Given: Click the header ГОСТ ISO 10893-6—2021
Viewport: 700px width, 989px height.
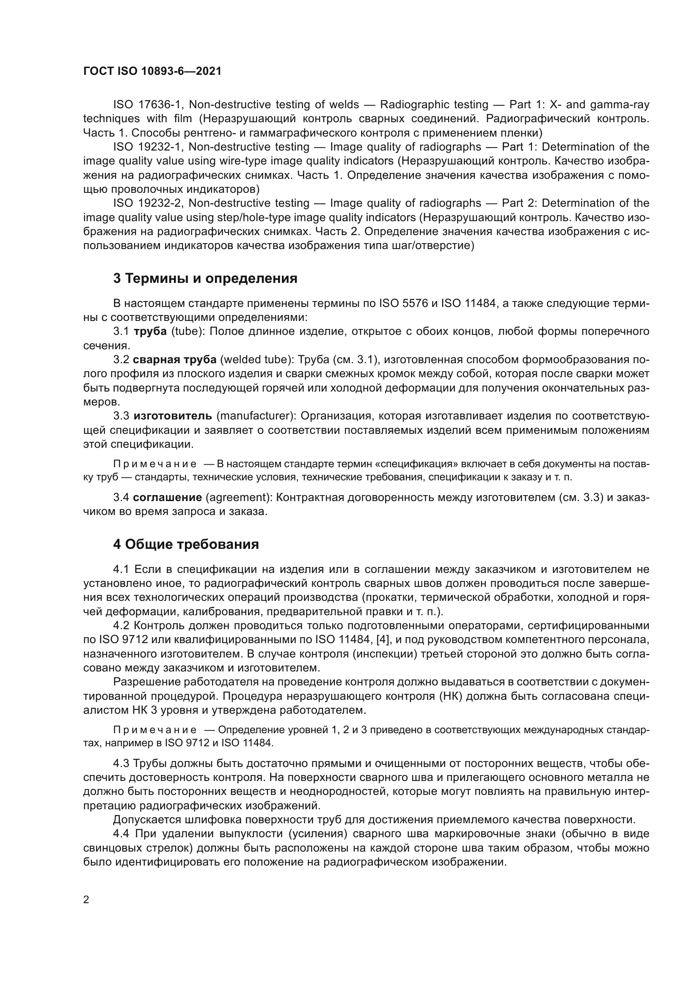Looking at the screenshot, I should tap(152, 71).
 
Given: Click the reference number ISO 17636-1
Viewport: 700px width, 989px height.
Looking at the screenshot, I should tap(149, 105).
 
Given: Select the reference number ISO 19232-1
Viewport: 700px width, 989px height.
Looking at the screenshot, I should tap(149, 147).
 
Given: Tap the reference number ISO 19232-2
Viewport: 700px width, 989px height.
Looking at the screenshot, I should tap(149, 203).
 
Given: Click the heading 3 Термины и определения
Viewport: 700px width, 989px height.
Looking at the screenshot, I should tap(205, 279).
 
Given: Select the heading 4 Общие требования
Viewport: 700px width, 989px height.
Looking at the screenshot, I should tap(186, 545).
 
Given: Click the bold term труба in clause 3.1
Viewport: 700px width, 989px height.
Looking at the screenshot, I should tap(150, 331).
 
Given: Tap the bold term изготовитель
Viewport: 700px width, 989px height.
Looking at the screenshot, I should tap(172, 416).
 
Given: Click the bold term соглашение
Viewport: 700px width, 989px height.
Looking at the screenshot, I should tap(167, 498).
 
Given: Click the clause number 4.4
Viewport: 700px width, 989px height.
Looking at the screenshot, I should tap(121, 833).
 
